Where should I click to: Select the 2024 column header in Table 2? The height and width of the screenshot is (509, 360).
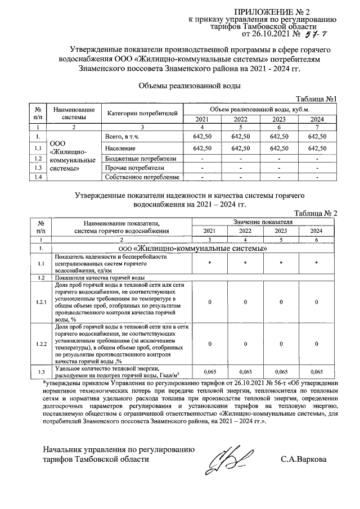[x=317, y=231]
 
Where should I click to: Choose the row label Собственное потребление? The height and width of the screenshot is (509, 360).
[x=142, y=178]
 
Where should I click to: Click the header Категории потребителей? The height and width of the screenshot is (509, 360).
[x=142, y=114]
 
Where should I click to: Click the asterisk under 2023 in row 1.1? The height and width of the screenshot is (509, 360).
[x=280, y=263]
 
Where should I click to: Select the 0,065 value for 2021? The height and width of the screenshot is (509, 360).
[x=209, y=372]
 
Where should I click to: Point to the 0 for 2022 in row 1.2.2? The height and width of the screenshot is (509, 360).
[x=245, y=343]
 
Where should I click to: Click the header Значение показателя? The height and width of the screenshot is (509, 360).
[x=263, y=223]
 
